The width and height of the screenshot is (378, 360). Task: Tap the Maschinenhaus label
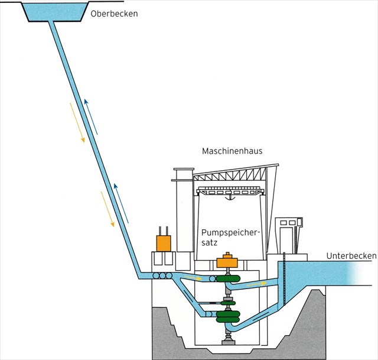coord(233,151)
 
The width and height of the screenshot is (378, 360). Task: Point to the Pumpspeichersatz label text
coord(226,238)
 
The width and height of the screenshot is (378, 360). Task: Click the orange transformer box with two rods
coord(164,242)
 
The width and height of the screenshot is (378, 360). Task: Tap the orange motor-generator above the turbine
coord(226,262)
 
